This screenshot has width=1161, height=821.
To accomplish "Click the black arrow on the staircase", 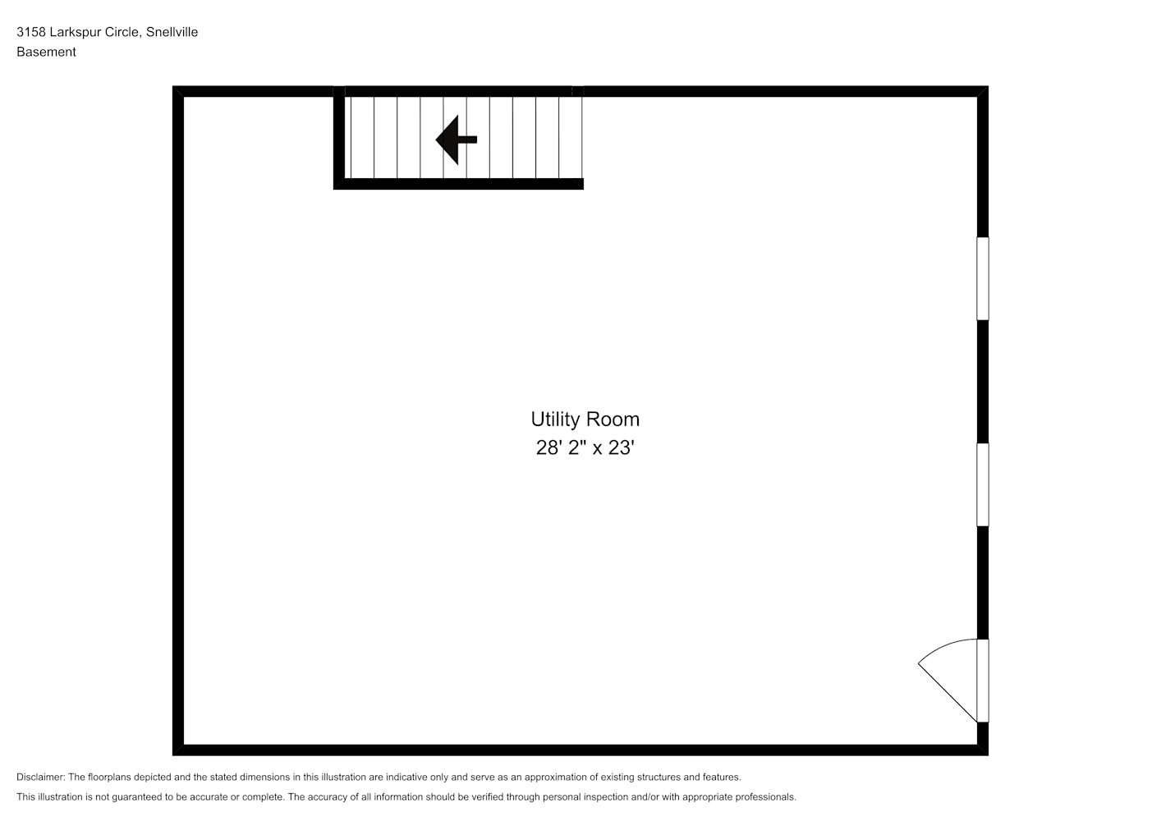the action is click(456, 140).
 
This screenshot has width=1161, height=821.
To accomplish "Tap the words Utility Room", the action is click(585, 420).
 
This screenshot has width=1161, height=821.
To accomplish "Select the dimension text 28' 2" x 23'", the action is click(585, 447).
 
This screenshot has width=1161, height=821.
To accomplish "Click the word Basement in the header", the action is click(46, 52).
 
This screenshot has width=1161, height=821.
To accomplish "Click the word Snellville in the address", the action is click(172, 32).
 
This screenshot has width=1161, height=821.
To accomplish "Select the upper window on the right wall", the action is click(983, 278).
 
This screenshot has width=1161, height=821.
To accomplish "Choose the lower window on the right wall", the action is click(983, 484).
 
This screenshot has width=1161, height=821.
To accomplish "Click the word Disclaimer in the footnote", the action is click(40, 777).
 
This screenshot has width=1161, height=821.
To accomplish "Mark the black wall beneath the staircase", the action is click(459, 184).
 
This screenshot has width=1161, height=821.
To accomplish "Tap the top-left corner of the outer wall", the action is click(172, 86).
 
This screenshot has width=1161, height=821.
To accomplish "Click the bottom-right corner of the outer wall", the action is click(989, 755).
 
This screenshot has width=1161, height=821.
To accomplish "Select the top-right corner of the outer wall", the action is click(989, 86).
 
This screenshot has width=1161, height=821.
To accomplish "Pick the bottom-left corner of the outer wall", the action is click(172, 755).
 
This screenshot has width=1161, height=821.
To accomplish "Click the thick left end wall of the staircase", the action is click(339, 137).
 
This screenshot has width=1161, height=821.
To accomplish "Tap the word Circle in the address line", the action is click(122, 32).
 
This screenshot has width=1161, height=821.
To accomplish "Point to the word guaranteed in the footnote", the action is click(136, 797).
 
